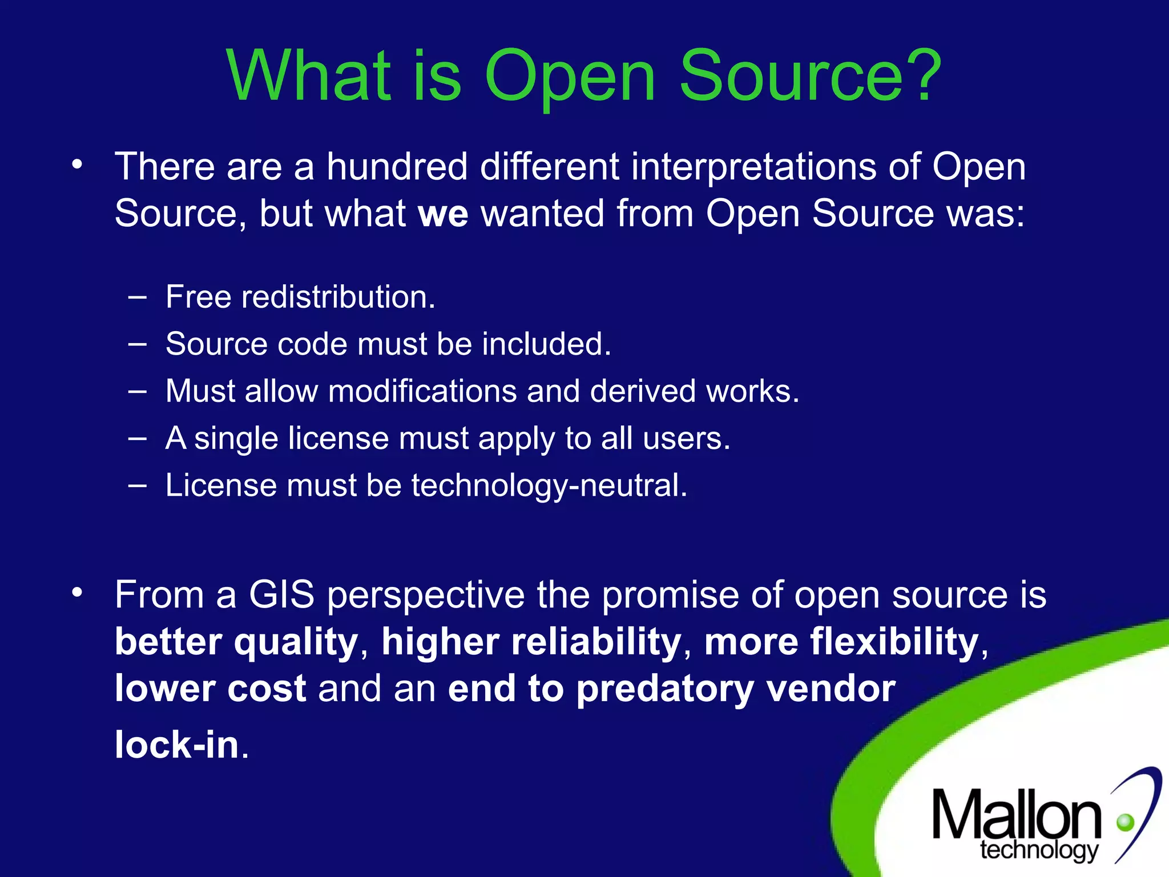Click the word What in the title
click(309, 75)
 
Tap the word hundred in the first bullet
click(397, 167)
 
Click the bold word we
click(443, 214)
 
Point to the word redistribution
click(338, 297)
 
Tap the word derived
click(643, 392)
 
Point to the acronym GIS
click(281, 594)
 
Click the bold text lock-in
click(177, 745)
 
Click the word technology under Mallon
click(1039, 851)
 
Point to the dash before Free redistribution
click(137, 297)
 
